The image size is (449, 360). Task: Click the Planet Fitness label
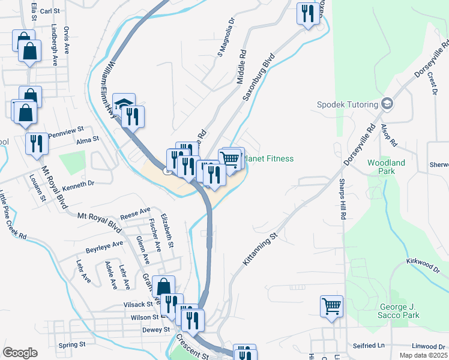(268, 158)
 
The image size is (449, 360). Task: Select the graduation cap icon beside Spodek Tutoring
(387, 104)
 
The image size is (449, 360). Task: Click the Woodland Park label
(387, 167)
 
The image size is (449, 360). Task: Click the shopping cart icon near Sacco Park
(331, 307)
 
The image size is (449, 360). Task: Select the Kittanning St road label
(262, 250)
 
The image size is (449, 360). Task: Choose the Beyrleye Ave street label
(104, 245)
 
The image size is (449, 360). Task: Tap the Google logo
(20, 353)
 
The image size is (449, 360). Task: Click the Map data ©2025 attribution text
(423, 355)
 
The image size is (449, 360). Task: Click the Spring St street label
(73, 345)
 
